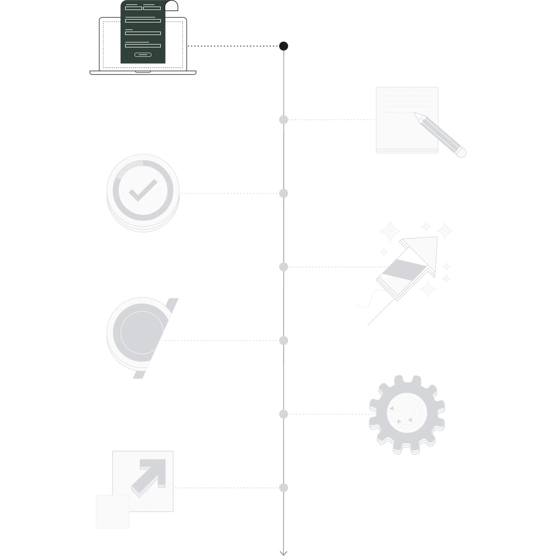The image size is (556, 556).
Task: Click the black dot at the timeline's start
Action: click(283, 46)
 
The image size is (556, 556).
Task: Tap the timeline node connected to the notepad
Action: click(283, 120)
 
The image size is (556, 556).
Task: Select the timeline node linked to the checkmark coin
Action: click(283, 193)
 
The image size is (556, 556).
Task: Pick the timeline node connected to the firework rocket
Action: click(283, 267)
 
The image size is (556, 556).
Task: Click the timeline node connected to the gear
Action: click(283, 414)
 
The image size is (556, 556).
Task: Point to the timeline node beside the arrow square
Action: click(283, 488)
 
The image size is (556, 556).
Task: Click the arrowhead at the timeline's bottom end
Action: click(283, 553)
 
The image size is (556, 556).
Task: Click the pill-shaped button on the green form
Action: click(143, 55)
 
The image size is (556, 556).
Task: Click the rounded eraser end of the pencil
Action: click(462, 153)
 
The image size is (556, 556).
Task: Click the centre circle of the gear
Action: click(407, 414)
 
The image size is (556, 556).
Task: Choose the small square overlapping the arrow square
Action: click(113, 511)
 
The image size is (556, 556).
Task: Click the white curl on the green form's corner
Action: click(172, 6)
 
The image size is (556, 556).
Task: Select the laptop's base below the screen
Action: click(143, 72)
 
